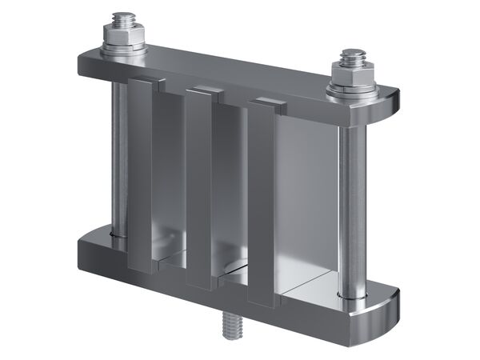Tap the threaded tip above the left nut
pos(124,18)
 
